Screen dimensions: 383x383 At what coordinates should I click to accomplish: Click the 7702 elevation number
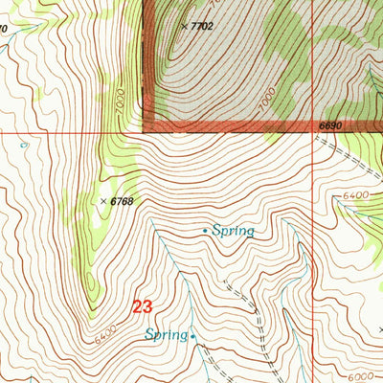202,27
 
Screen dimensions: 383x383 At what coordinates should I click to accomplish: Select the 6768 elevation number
123,201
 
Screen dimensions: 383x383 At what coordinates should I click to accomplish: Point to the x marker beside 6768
103,201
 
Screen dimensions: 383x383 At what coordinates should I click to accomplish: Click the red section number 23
142,307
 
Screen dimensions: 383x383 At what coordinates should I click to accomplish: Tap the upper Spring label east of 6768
234,231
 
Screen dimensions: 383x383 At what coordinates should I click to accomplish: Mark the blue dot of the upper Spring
205,231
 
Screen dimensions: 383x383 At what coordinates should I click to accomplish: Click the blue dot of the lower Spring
193,335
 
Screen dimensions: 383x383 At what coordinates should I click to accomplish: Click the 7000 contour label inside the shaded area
266,98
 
